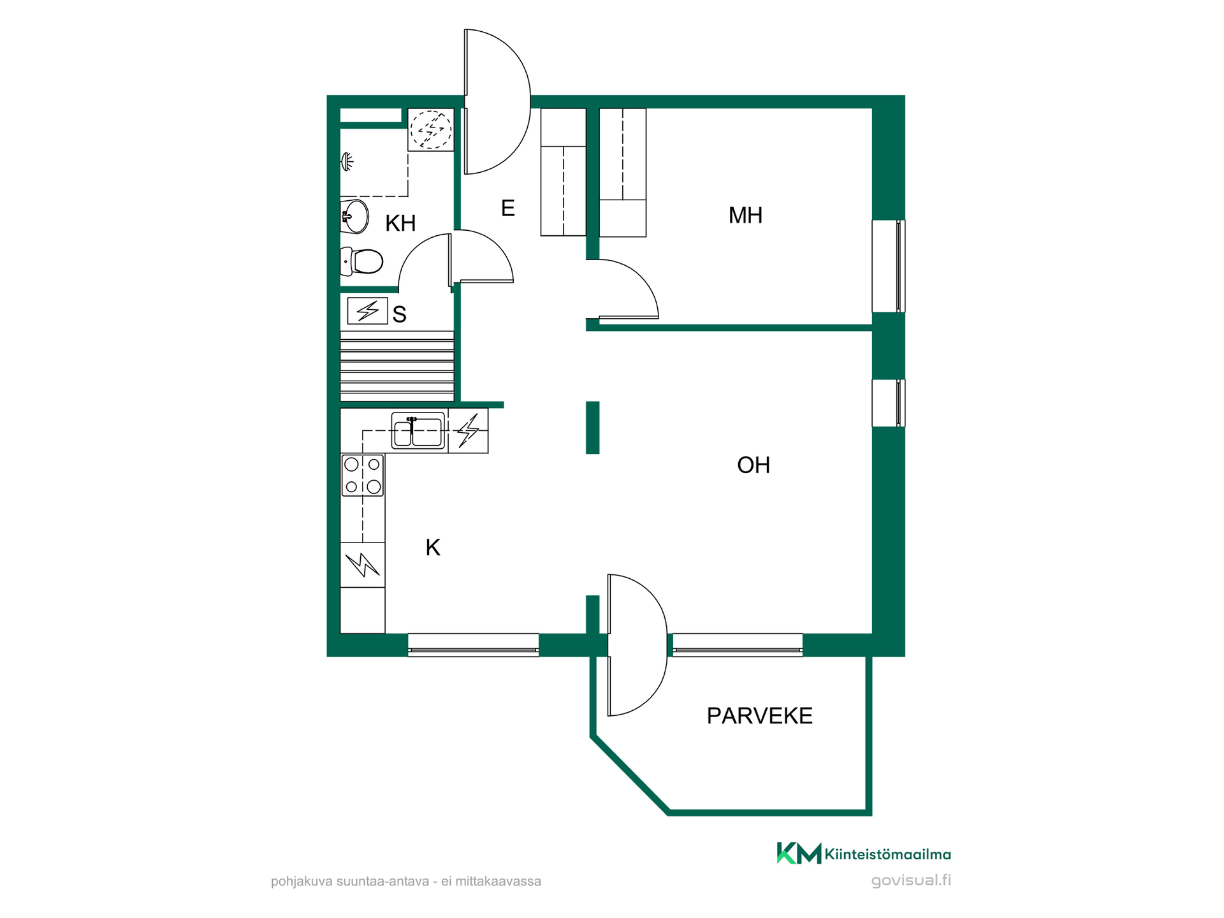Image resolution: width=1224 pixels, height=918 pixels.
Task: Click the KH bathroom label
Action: [x=400, y=223]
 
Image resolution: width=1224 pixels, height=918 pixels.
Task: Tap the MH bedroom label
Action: [x=745, y=215]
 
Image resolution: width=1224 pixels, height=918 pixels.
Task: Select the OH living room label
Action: [x=754, y=465]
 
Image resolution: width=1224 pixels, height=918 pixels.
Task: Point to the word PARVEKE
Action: [x=759, y=716]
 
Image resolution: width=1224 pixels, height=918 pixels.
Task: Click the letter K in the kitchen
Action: [x=433, y=548]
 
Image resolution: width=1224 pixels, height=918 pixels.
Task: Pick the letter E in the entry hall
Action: [x=508, y=208]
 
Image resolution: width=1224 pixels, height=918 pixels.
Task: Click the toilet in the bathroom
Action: [x=361, y=261]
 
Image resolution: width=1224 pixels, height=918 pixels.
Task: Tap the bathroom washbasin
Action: [x=354, y=217]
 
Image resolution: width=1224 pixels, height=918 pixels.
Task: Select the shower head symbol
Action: [x=347, y=162]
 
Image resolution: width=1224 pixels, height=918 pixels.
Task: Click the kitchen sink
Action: [x=418, y=431]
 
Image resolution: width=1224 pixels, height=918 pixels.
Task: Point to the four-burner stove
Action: [x=363, y=475]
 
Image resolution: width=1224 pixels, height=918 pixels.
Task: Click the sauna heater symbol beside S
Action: [x=367, y=311]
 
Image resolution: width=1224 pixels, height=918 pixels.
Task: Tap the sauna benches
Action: [x=397, y=366]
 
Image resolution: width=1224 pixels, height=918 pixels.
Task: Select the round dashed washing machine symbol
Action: [x=431, y=129]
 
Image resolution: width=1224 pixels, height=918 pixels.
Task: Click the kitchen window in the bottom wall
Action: [x=474, y=645]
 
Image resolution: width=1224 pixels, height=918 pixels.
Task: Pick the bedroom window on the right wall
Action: [x=889, y=266]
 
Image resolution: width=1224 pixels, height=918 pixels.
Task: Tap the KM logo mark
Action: [x=799, y=853]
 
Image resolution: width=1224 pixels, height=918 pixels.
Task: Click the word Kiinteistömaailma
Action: [x=888, y=854]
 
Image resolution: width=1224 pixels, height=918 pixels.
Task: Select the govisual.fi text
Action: [x=911, y=880]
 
